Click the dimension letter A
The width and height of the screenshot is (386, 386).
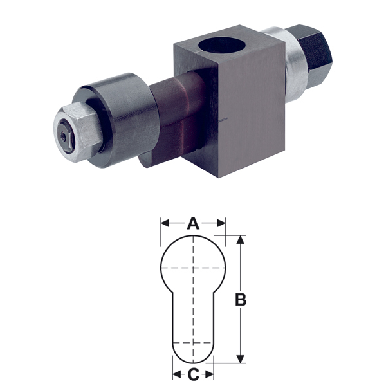click(193, 223)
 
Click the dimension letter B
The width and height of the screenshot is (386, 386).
click(241, 299)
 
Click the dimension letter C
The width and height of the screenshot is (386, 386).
click(193, 374)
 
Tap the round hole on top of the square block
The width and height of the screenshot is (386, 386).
click(222, 45)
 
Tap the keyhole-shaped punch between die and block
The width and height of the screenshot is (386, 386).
click(178, 118)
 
